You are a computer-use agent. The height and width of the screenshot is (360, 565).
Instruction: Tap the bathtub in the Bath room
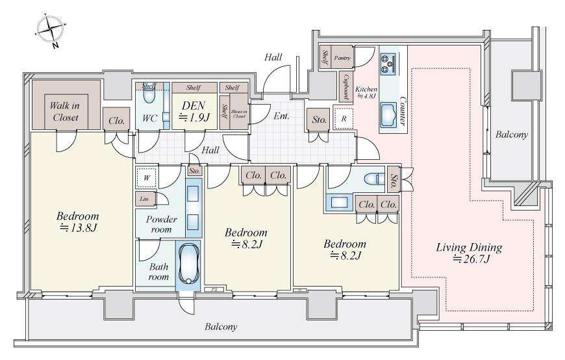[x=186, y=264]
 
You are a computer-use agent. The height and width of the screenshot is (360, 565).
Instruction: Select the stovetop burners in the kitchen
[x=388, y=62]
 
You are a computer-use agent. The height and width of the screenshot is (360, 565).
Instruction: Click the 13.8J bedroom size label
[x=77, y=222]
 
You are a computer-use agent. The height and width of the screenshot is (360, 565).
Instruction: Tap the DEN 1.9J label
[x=192, y=110]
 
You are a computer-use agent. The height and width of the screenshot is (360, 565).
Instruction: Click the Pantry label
[x=342, y=58]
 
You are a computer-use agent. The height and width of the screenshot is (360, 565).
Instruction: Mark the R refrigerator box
[x=343, y=120]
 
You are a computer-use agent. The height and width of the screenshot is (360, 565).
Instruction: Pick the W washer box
[x=147, y=177]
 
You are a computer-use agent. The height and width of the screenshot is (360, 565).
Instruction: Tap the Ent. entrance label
[x=281, y=117]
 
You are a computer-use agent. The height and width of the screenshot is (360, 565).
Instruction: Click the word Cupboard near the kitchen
[x=347, y=84]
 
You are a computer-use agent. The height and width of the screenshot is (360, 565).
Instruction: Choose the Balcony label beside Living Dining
[x=512, y=135]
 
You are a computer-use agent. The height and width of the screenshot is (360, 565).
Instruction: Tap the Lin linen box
[x=143, y=199]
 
